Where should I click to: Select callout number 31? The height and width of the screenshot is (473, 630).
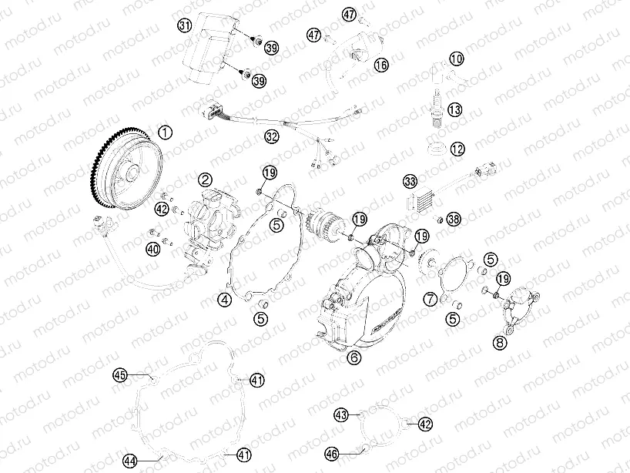click(184, 25)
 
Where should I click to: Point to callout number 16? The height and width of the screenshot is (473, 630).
click(381, 65)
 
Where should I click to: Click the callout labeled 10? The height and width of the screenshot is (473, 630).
click(457, 59)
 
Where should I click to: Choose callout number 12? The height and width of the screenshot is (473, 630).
click(457, 148)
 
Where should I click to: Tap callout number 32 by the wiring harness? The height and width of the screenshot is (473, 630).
click(271, 137)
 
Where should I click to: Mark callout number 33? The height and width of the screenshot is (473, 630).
click(411, 181)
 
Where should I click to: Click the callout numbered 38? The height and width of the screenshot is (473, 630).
click(454, 220)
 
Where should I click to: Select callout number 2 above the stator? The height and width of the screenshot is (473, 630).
click(204, 179)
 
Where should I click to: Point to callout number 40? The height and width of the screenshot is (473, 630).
click(153, 247)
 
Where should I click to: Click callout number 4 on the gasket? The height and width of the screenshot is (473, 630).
click(224, 299)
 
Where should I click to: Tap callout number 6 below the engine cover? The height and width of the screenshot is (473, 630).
click(354, 357)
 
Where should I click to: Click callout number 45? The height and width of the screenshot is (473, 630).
click(120, 375)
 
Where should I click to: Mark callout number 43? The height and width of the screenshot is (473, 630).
click(341, 414)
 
